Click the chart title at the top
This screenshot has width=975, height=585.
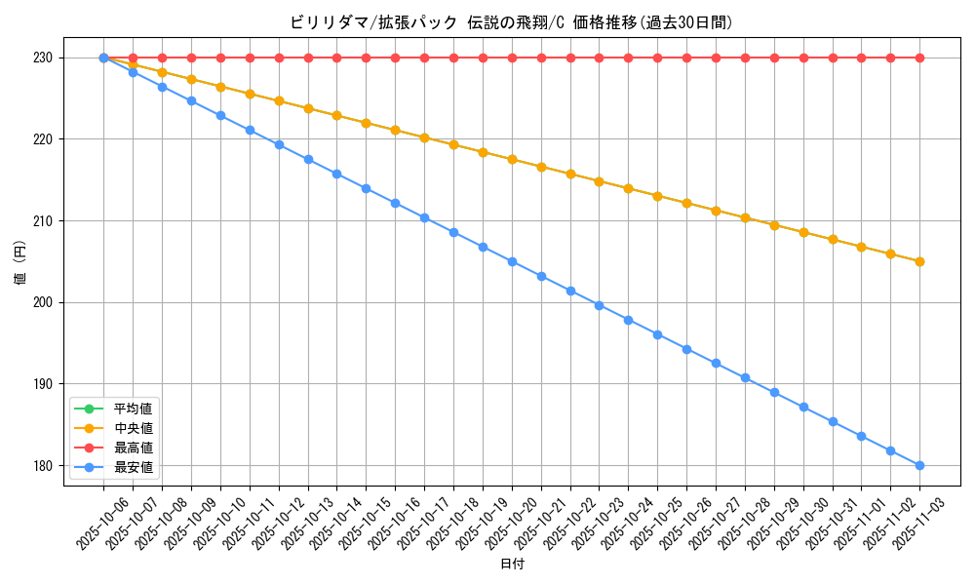click(511, 22)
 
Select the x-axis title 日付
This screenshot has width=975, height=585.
click(511, 565)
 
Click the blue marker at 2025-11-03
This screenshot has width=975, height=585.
click(919, 465)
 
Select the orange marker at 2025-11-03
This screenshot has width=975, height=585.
click(919, 261)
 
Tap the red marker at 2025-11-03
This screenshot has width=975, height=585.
click(919, 58)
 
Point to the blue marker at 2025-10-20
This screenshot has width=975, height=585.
click(512, 261)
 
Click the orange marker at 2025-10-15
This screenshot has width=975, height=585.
click(366, 123)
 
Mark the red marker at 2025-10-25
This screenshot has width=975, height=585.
click(657, 58)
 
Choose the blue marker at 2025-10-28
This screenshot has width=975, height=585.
click(745, 377)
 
